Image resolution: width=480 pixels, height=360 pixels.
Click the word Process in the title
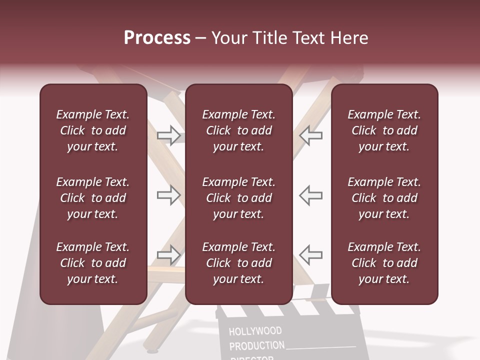(157, 38)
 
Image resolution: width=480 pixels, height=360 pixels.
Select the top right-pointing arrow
(168, 135)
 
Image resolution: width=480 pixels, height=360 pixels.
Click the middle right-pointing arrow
(168, 195)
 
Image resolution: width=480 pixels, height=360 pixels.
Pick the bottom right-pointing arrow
(168, 255)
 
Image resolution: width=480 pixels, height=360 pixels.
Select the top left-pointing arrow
(311, 135)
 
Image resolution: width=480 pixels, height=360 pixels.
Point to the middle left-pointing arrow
(311, 195)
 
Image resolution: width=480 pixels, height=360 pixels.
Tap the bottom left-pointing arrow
(311, 255)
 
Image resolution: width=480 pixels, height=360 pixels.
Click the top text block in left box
(93, 130)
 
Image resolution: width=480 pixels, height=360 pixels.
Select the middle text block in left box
(93, 198)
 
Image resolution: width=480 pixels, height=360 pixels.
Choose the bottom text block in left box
(93, 263)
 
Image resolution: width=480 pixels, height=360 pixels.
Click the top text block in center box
(239, 130)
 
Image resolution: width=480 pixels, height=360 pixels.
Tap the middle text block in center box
(239, 198)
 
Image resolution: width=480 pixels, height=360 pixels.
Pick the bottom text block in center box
(239, 263)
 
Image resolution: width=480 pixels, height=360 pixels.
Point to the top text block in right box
(384, 130)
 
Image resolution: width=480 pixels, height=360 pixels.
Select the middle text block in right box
(384, 198)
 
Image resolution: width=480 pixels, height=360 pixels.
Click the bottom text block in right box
(384, 263)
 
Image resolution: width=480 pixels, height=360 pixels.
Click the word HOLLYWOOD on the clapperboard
(255, 331)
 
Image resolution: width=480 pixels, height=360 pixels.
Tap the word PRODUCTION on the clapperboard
(257, 345)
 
